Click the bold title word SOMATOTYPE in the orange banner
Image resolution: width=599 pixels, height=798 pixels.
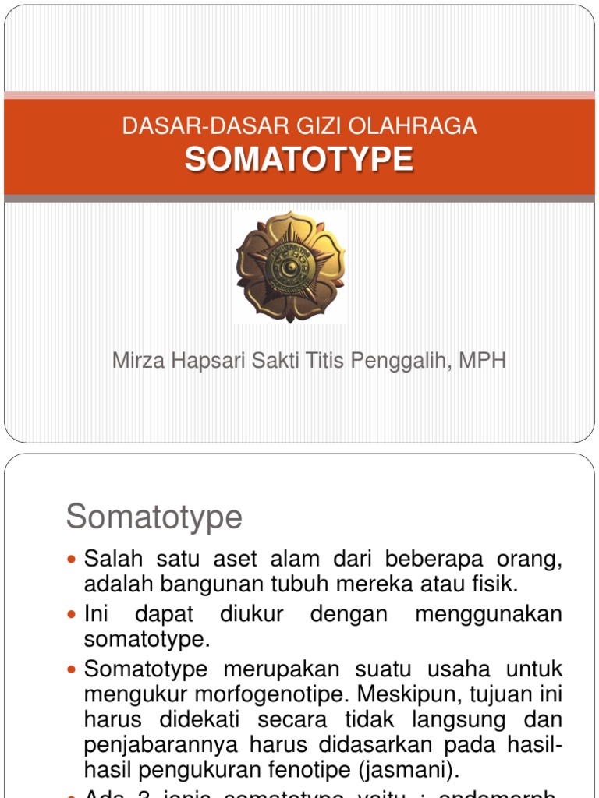tap(299, 160)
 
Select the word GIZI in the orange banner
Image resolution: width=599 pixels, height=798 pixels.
tap(325, 126)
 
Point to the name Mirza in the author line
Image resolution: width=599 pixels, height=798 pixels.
tap(137, 361)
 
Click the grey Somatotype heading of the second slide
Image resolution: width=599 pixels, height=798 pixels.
tap(154, 517)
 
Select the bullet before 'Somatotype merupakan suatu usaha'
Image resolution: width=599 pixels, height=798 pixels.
tap(73, 669)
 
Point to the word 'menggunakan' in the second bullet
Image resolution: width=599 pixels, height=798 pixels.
tap(488, 614)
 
